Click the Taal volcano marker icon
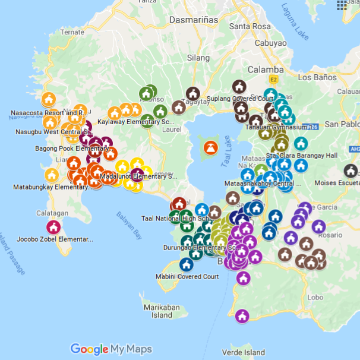pyautogui.click(x=210, y=148)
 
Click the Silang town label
pyautogui.click(x=198, y=58)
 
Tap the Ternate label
pyautogui.click(x=72, y=31)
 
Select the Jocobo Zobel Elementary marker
pyautogui.click(x=53, y=227)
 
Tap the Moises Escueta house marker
pyautogui.click(x=350, y=171)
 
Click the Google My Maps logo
pyautogui.click(x=111, y=349)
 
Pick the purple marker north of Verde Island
pyautogui.click(x=241, y=316)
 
